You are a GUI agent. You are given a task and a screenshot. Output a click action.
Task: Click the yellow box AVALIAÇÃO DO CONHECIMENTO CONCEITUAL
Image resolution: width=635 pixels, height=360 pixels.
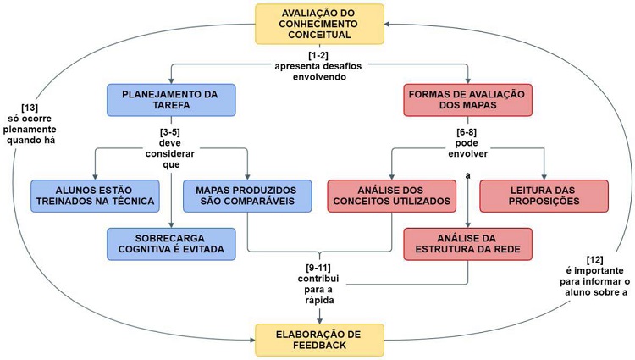(319, 24)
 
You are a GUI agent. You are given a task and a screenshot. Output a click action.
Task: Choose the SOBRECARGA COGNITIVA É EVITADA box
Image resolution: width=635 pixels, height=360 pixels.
(171, 243)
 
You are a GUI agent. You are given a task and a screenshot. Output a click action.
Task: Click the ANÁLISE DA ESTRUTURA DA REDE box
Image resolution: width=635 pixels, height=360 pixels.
(468, 243)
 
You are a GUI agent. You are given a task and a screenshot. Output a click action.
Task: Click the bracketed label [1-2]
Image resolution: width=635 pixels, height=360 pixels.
(319, 54)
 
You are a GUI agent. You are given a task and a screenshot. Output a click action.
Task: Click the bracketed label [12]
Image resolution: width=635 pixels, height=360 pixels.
(601, 259)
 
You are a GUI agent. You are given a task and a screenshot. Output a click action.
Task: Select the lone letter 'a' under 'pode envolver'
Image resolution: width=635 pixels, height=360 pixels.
(467, 174)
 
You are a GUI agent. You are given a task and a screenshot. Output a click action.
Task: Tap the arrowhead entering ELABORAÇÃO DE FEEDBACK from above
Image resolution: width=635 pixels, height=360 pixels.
(319, 319)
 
